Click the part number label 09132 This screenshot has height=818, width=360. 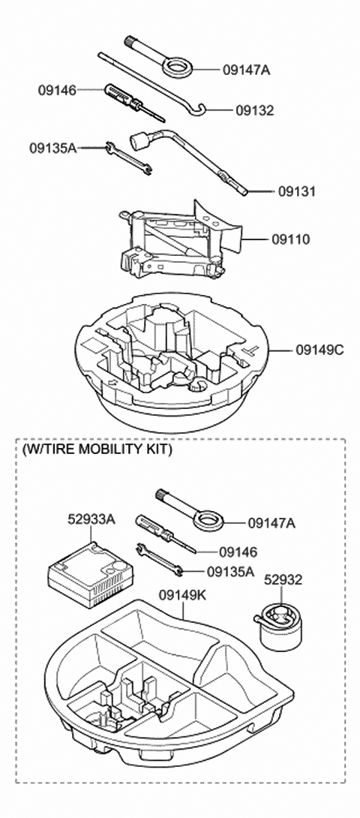[254, 110]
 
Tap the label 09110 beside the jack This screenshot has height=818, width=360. [292, 240]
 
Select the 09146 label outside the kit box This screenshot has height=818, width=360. [57, 90]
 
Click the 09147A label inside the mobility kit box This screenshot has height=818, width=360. [271, 522]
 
